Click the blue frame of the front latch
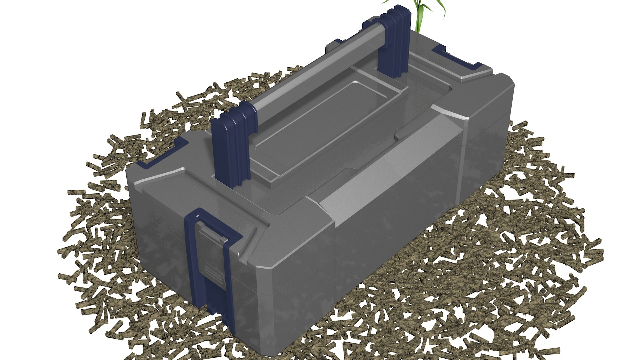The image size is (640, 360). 192,253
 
